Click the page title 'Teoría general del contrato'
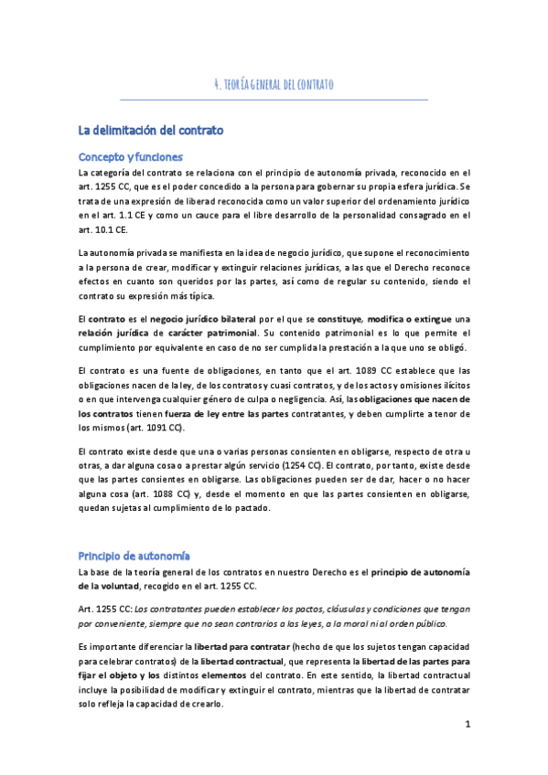point(274,85)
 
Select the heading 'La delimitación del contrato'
point(151,131)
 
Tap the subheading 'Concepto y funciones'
point(131,156)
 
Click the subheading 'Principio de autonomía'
point(134,556)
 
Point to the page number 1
point(467,726)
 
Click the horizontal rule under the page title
point(274,98)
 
